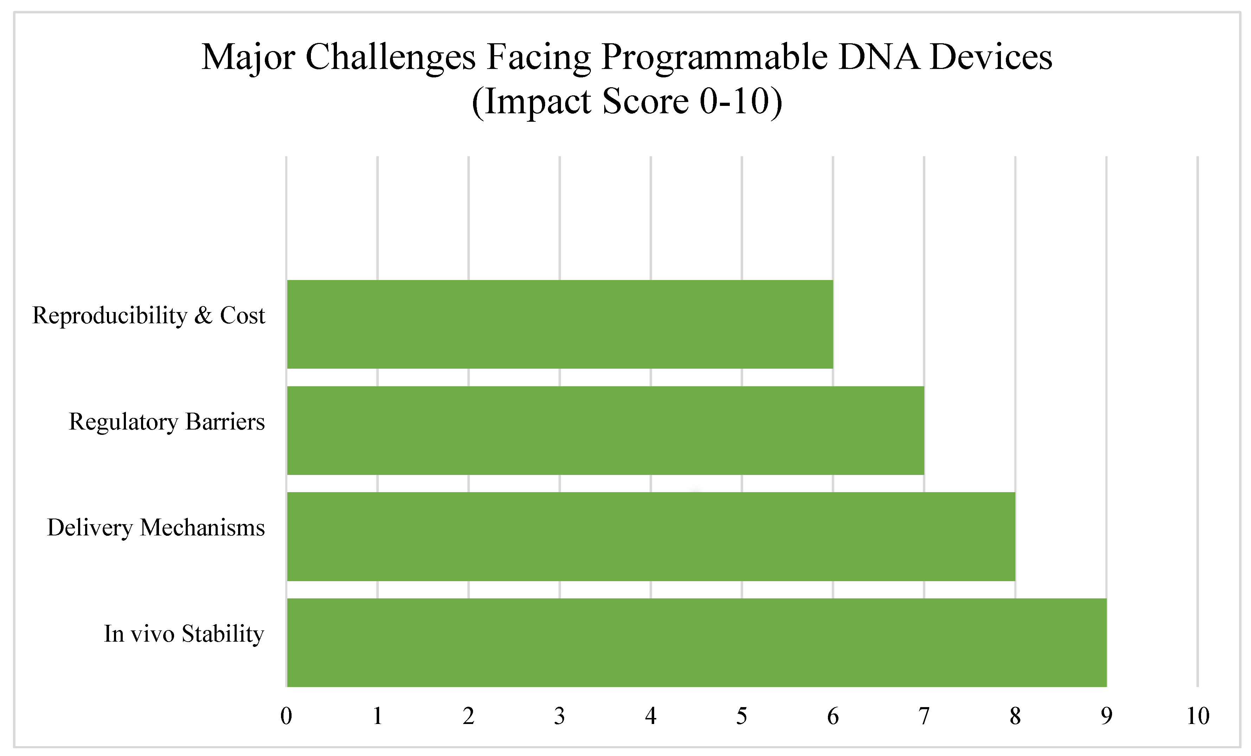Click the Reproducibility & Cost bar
click(x=560, y=324)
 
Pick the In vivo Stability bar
click(x=697, y=642)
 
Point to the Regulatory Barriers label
click(x=166, y=421)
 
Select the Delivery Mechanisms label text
click(x=156, y=528)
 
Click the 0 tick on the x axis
click(x=286, y=716)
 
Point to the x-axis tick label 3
click(x=560, y=716)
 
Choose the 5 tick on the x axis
click(x=742, y=716)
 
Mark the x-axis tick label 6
click(x=832, y=716)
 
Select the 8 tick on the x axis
click(x=1015, y=716)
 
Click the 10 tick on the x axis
click(x=1198, y=716)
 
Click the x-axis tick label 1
click(x=377, y=716)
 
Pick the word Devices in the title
click(x=991, y=57)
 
